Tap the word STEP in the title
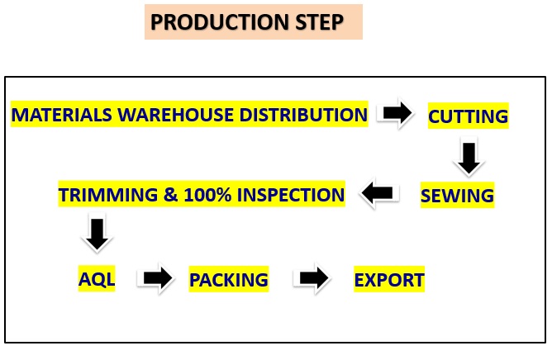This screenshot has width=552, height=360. click(316, 22)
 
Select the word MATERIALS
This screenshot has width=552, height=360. click(60, 114)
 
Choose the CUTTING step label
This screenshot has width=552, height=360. click(468, 116)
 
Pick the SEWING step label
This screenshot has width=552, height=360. click(457, 196)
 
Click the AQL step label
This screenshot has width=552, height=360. click(97, 279)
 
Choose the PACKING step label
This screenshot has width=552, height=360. click(229, 280)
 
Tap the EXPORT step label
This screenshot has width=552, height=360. click(389, 280)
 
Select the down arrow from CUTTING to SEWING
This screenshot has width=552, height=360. click(469, 157)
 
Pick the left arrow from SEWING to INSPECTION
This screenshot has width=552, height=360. click(378, 195)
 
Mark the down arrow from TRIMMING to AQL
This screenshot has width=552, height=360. click(97, 234)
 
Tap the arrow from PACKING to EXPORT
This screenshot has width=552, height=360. click(312, 279)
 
